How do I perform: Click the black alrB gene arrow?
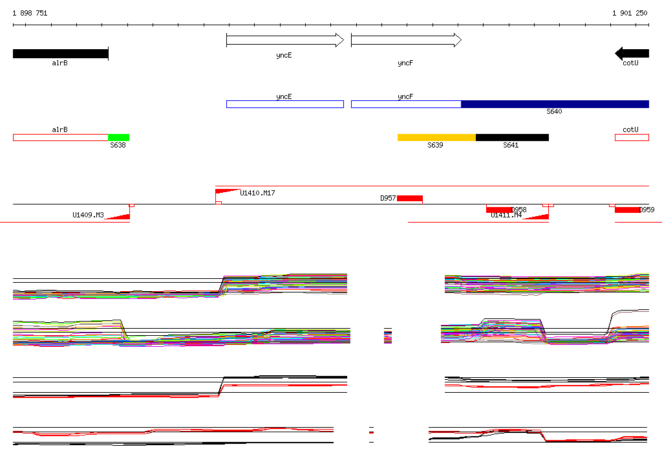(60, 54)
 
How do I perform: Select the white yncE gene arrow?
(284, 40)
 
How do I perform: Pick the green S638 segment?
(118, 137)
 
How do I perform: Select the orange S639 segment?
(436, 137)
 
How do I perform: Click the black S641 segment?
(512, 137)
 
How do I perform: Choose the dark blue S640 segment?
(555, 104)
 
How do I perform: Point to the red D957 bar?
(409, 198)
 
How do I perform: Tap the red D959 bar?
(626, 210)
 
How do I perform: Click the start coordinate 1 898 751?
(30, 14)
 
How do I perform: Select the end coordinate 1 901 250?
(630, 14)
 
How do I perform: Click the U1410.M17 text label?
(257, 193)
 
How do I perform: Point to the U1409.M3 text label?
(88, 215)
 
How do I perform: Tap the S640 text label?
(554, 112)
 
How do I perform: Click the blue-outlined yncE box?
(284, 104)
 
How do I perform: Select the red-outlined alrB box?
(60, 137)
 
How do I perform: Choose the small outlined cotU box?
(631, 137)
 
